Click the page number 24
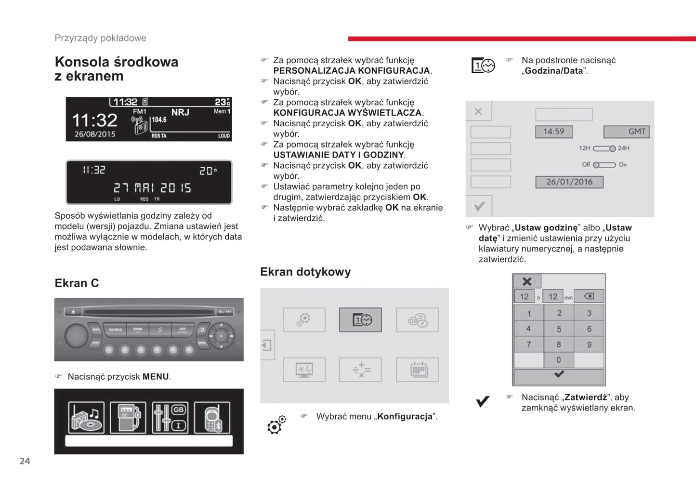pyautogui.click(x=25, y=461)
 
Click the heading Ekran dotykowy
pyautogui.click(x=305, y=272)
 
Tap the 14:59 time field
pyautogui.click(x=554, y=132)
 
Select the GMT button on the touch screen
pyautogui.click(x=627, y=132)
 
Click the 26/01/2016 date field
pyautogui.click(x=569, y=182)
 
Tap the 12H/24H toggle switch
pyautogui.click(x=604, y=148)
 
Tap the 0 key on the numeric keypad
pyautogui.click(x=559, y=360)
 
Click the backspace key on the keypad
pyautogui.click(x=589, y=296)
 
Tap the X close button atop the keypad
pyautogui.click(x=527, y=281)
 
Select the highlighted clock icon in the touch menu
pyautogui.click(x=360, y=320)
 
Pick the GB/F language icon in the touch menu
pyautogui.click(x=418, y=320)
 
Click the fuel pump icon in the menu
pyautogui.click(x=128, y=417)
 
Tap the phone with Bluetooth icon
pyautogui.click(x=212, y=417)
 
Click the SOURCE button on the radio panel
pyautogui.click(x=116, y=330)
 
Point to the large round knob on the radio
pyautogui.click(x=76, y=335)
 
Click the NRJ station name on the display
pyautogui.click(x=180, y=112)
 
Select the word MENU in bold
pyautogui.click(x=156, y=377)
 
